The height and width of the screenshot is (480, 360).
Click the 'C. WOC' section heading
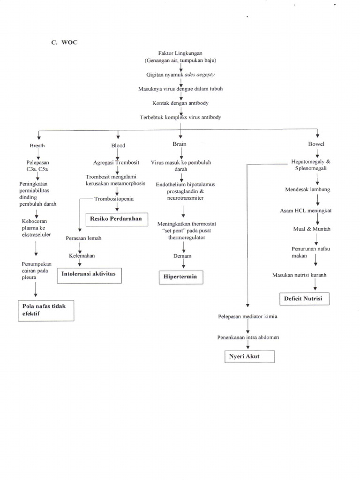[x=64, y=42]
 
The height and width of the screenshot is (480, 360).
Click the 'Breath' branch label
[x=37, y=146]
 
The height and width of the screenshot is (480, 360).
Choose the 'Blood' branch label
[x=118, y=145]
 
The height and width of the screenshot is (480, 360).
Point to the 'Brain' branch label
[x=180, y=144]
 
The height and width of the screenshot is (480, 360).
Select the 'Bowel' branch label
[x=316, y=144]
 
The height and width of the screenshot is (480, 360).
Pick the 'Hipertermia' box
[x=180, y=277]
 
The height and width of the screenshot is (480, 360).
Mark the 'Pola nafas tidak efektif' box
[x=46, y=310]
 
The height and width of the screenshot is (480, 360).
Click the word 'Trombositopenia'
[x=114, y=199]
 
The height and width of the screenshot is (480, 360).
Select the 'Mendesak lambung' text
[x=307, y=189]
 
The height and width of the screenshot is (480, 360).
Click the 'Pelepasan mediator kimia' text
[x=247, y=316]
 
